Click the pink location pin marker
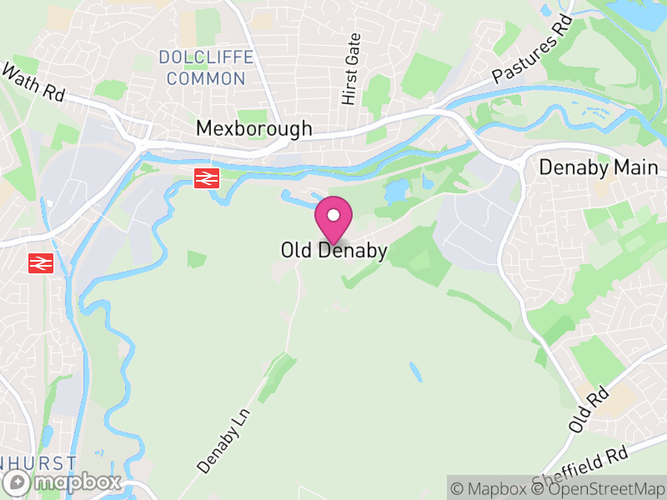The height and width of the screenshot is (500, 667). point(333,220)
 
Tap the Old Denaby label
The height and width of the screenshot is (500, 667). point(333,250)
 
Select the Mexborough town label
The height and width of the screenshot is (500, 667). point(254,128)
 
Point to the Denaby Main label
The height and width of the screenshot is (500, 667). point(599,167)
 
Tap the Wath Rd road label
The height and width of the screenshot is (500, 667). point(34,83)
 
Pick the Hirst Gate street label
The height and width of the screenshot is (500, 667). point(351,69)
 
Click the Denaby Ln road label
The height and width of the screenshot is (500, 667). point(224,439)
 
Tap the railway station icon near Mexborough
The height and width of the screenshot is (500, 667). point(206,177)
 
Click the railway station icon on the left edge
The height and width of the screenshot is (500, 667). point(38,263)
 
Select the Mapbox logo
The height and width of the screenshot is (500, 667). point(63,482)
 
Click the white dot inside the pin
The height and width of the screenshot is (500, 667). point(333,215)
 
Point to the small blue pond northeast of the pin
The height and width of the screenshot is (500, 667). point(394,191)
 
